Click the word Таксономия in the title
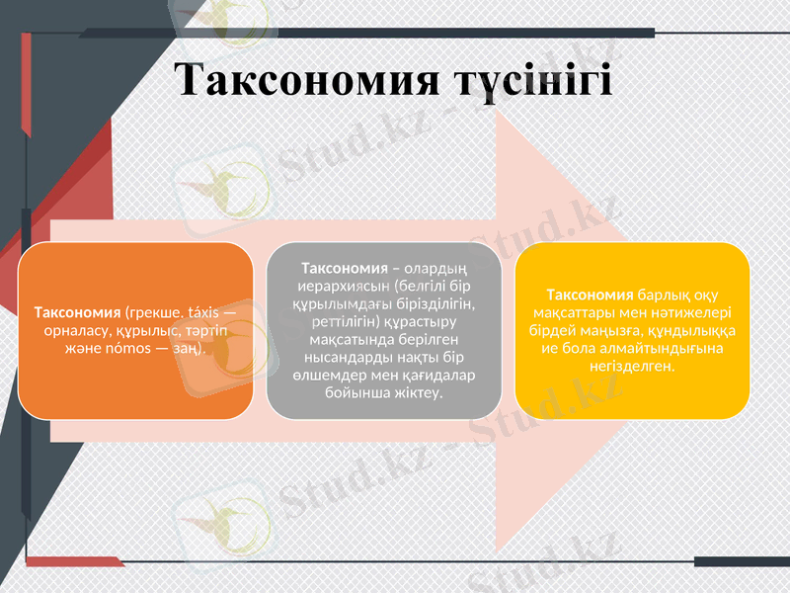[306, 80]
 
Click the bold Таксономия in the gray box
[344, 268]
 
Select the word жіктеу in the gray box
[417, 392]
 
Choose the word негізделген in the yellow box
[632, 367]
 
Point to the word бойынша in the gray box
[354, 392]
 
